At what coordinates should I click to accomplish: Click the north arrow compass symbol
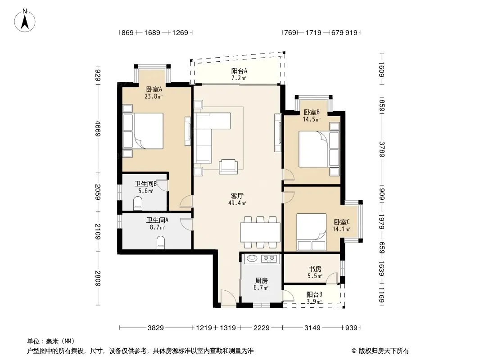(25, 20)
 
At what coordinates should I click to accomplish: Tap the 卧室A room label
(154, 90)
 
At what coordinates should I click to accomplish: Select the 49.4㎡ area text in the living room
(237, 203)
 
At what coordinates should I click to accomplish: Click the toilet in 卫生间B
(138, 203)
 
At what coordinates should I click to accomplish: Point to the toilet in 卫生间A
(161, 243)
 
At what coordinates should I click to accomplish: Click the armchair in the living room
(228, 166)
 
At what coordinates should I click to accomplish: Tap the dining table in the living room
(260, 233)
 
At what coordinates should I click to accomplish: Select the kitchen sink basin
(252, 258)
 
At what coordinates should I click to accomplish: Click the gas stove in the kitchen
(269, 259)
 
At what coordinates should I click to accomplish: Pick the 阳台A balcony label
(239, 71)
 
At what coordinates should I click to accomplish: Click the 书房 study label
(315, 269)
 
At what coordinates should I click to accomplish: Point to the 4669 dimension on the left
(98, 128)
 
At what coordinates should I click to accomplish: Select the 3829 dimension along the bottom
(156, 328)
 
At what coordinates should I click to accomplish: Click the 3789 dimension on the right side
(381, 149)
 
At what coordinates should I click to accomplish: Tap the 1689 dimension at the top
(152, 32)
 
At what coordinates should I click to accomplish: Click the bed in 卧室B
(319, 149)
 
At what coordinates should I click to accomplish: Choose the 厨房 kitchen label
(262, 280)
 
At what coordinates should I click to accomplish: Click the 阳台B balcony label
(314, 295)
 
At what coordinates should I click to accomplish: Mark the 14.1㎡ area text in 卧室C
(341, 229)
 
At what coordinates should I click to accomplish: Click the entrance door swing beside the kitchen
(228, 296)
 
